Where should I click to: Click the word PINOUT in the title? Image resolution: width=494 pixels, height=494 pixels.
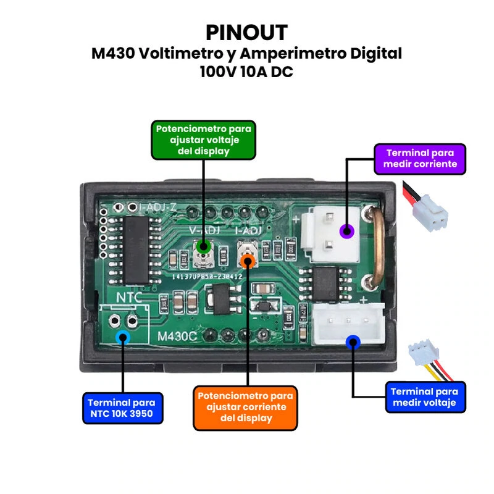pyautogui.click(x=246, y=32)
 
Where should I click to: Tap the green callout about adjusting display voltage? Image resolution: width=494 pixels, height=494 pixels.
pyautogui.click(x=203, y=140)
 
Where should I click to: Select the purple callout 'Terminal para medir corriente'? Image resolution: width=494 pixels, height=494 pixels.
pyautogui.click(x=420, y=158)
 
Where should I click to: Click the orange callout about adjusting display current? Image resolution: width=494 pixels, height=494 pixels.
pyautogui.click(x=246, y=408)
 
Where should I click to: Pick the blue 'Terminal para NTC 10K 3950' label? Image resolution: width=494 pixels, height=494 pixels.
pyautogui.click(x=123, y=408)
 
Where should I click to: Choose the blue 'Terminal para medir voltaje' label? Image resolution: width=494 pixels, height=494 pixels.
pyautogui.click(x=424, y=397)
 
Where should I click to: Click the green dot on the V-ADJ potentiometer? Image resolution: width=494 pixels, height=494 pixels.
pyautogui.click(x=201, y=248)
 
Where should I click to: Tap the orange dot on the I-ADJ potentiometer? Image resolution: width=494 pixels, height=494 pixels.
pyautogui.click(x=248, y=260)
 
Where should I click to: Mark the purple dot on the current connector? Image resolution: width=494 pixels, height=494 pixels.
pyautogui.click(x=347, y=232)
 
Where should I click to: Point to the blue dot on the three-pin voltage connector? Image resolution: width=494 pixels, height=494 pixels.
pyautogui.click(x=353, y=341)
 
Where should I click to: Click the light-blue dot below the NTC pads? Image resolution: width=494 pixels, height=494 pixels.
pyautogui.click(x=123, y=337)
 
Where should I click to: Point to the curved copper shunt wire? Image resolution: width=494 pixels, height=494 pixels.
pyautogui.click(x=375, y=247)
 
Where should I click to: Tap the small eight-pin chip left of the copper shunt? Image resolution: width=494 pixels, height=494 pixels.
pyautogui.click(x=325, y=284)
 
